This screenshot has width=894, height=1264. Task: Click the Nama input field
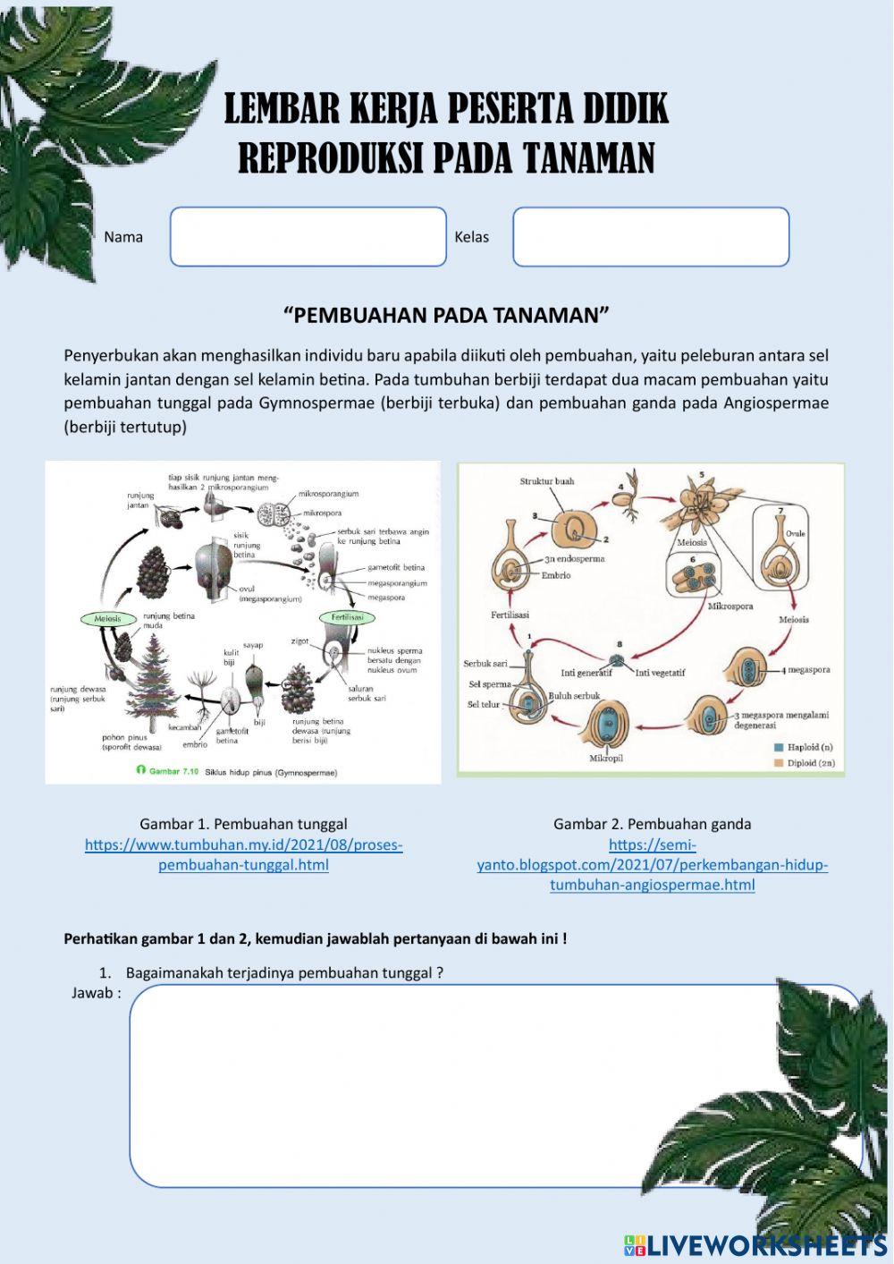point(308,237)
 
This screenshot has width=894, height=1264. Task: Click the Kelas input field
point(651,237)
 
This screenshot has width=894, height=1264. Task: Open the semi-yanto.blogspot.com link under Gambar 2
point(652,865)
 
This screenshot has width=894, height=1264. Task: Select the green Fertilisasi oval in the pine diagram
point(348,617)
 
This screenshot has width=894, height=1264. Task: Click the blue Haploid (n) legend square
point(778,747)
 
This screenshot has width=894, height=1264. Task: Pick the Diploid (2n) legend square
point(778,763)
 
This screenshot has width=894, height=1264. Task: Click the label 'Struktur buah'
point(547,481)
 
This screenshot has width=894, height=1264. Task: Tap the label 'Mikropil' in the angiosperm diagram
point(606,758)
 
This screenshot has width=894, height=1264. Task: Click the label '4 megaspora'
point(805,669)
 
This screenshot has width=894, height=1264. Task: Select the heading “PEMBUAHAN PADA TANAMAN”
point(446,315)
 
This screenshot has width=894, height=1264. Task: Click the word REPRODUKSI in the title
point(331,158)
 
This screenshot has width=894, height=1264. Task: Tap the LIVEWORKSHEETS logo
point(755,1244)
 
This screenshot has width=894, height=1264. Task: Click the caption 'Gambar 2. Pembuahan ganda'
point(652,824)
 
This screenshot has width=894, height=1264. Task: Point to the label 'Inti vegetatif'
point(660,673)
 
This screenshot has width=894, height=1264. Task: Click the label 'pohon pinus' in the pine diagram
point(123,738)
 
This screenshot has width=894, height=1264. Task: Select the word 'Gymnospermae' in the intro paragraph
point(317,403)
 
